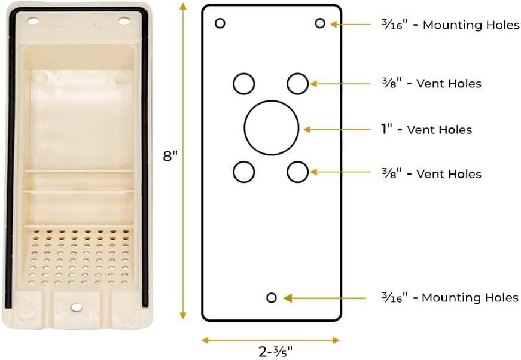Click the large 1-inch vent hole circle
point(271,127)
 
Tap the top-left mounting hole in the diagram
point(220,23)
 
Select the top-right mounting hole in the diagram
point(320,23)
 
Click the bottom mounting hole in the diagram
point(272,297)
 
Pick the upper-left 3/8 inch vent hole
point(243,83)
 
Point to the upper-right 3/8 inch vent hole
point(297,83)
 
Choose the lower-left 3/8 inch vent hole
point(243,172)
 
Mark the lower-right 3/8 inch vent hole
point(297,172)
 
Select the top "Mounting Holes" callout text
point(471,25)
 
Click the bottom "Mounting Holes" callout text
point(470,297)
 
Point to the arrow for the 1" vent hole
point(338,129)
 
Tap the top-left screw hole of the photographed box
point(33,21)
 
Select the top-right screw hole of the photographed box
point(124,21)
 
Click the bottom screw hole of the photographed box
point(77,307)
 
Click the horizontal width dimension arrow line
point(271,340)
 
